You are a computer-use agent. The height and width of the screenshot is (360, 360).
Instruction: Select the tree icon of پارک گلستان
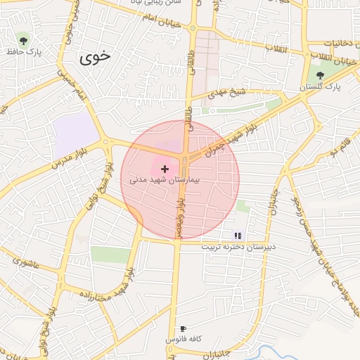pyautogui.click(x=321, y=74)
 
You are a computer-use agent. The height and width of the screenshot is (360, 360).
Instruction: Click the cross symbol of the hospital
pyautogui.click(x=165, y=169)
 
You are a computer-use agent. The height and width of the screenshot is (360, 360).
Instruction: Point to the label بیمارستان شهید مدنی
pyautogui.click(x=165, y=180)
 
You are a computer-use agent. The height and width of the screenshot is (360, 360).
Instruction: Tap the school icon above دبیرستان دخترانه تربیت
pyautogui.click(x=237, y=236)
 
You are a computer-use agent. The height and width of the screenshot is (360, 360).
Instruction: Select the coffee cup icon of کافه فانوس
pyautogui.click(x=184, y=328)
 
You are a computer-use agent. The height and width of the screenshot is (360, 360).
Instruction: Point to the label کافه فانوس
pyautogui.click(x=184, y=339)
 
